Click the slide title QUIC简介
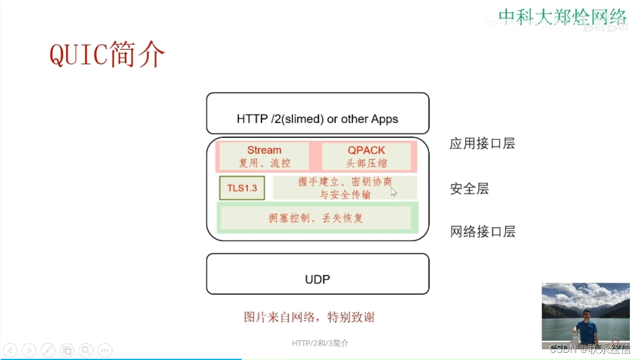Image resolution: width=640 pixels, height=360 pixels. [107, 55]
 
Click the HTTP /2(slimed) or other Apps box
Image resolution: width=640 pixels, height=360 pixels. [318, 114]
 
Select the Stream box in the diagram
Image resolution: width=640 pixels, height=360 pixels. [264, 156]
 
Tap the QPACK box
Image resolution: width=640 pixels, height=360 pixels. [366, 156]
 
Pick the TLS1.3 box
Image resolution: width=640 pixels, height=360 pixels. [241, 188]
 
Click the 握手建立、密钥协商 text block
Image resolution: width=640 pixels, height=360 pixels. [345, 188]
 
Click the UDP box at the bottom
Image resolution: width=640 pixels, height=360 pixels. [318, 274]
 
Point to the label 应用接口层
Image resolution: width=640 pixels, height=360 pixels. [482, 143]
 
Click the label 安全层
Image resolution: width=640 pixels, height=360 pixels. [470, 189]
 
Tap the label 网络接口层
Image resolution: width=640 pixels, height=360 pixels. [482, 231]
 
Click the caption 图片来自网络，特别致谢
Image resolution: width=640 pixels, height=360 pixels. [309, 317]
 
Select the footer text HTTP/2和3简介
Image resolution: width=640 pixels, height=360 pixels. [320, 343]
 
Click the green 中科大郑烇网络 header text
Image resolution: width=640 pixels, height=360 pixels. [562, 16]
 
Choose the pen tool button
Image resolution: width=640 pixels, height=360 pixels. [48, 350]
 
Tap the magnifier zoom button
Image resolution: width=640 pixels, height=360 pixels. [86, 350]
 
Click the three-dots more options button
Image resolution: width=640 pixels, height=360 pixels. [105, 350]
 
